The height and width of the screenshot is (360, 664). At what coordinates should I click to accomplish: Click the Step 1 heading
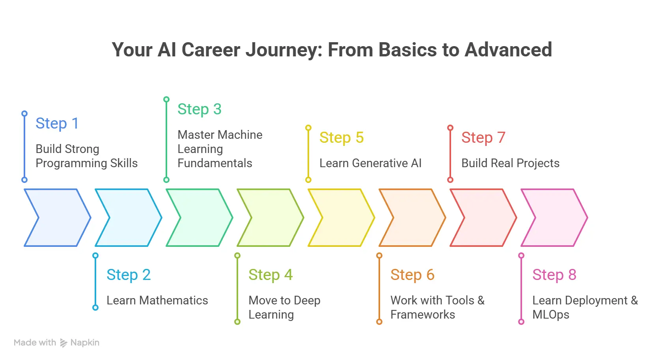click(x=57, y=123)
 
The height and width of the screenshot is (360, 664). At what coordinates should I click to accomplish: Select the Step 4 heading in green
click(x=270, y=275)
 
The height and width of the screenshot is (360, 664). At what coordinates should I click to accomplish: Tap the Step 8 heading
click(x=554, y=275)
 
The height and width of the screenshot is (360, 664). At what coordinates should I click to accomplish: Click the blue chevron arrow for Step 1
click(x=59, y=218)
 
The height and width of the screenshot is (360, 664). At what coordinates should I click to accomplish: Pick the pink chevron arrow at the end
click(x=556, y=218)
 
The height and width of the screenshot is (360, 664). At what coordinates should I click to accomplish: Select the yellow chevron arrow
click(x=343, y=218)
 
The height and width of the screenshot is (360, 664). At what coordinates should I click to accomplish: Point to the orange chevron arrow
click(x=414, y=218)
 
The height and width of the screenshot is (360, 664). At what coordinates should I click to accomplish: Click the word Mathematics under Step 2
click(x=173, y=300)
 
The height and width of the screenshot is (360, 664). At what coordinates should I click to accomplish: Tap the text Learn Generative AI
click(x=370, y=163)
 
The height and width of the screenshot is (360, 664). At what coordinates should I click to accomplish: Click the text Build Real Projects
click(x=510, y=163)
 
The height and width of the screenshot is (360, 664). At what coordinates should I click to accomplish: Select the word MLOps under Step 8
click(x=550, y=315)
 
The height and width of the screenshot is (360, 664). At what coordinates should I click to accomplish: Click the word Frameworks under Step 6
click(x=422, y=315)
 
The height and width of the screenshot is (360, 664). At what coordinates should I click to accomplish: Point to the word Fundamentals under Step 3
click(x=214, y=163)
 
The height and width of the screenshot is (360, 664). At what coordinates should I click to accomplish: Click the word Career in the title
click(x=211, y=50)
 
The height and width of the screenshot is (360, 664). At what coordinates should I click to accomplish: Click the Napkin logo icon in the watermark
click(x=63, y=343)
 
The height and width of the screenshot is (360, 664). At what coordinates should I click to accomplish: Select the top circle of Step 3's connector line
click(x=166, y=99)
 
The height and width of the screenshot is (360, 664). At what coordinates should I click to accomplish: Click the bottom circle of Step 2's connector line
click(x=95, y=308)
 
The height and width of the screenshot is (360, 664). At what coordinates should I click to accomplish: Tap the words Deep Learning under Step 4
click(x=284, y=308)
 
